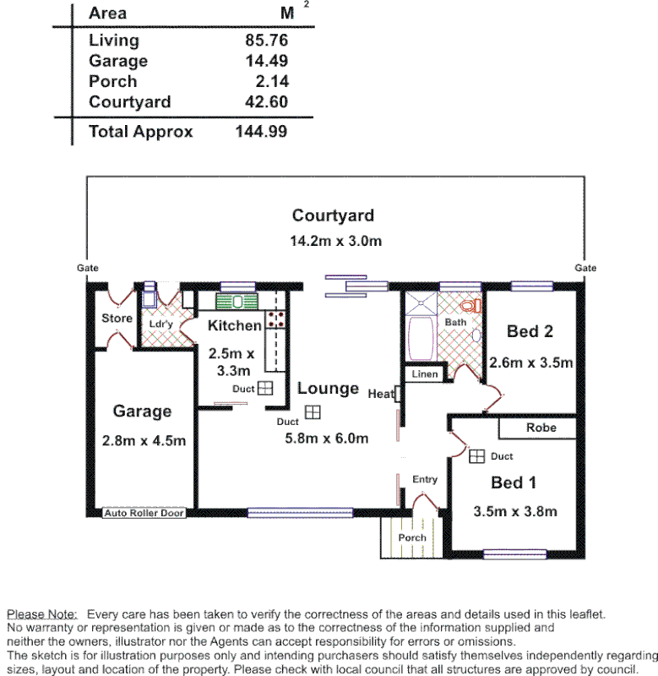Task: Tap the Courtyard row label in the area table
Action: (x=129, y=102)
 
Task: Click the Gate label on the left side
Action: (x=88, y=268)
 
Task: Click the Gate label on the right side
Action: (x=585, y=268)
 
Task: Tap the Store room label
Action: (x=117, y=319)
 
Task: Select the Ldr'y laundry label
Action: (x=160, y=324)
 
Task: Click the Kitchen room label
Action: (x=235, y=325)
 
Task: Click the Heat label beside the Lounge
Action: (x=381, y=393)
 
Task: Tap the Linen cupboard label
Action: (x=424, y=373)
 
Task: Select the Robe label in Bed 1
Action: (x=541, y=428)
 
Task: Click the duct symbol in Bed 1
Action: (x=476, y=456)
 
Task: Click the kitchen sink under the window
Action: (x=237, y=302)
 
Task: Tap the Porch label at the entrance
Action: (x=412, y=537)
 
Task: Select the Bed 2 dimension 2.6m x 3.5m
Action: (x=531, y=363)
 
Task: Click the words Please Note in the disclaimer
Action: (x=41, y=614)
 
